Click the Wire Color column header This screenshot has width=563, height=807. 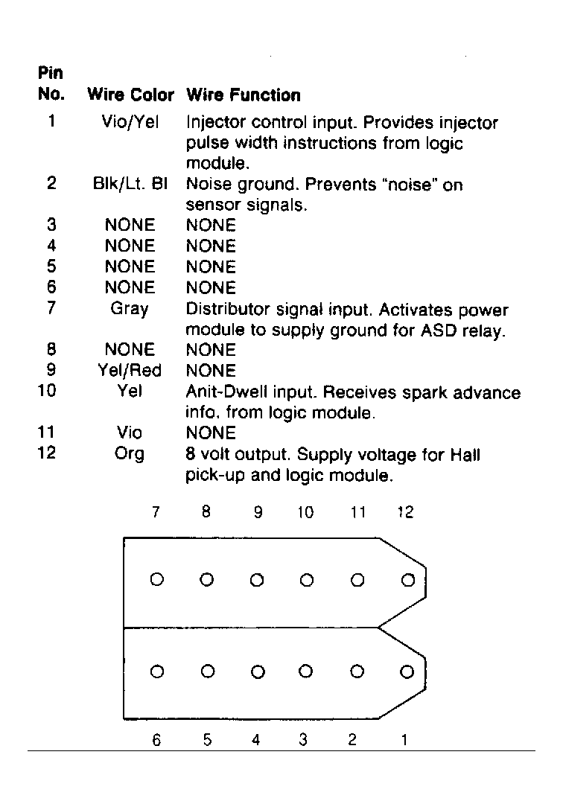tap(130, 95)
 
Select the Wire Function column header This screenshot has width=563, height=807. tap(243, 95)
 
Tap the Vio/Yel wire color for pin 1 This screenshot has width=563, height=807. tap(130, 122)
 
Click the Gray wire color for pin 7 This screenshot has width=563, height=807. tap(129, 308)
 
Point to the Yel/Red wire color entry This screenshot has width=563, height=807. tap(130, 370)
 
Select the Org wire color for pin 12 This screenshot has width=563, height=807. tap(130, 453)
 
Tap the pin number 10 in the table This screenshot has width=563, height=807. tap(46, 390)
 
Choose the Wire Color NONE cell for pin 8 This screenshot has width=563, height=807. tap(130, 349)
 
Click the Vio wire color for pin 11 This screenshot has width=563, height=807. tap(130, 433)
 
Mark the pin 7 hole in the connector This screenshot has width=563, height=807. tap(156, 579)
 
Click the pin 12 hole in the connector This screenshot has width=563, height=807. tap(407, 579)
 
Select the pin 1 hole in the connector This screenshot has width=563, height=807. tap(406, 672)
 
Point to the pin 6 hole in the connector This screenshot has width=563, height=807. tap(156, 672)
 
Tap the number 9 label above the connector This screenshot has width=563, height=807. tap(258, 512)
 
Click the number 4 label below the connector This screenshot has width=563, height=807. tap(255, 741)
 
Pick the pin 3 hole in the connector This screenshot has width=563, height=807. tap(305, 672)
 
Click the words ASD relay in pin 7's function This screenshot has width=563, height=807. tap(474, 331)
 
